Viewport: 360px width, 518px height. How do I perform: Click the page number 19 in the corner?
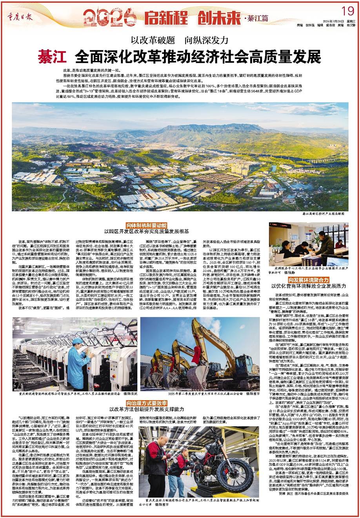pyautogui.click(x=345, y=10)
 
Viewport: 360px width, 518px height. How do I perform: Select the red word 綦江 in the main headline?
pyautogui.click(x=51, y=57)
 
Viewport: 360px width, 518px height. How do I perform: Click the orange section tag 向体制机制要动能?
pyautogui.click(x=147, y=226)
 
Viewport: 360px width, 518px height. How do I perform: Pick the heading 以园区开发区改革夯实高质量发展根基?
pyautogui.click(x=147, y=232)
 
